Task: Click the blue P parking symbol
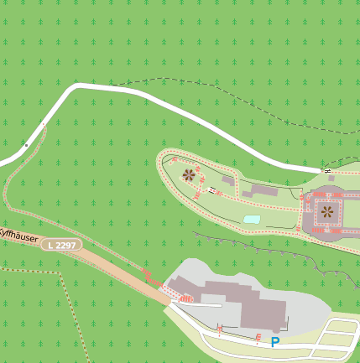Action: (x=274, y=342)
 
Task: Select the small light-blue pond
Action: (x=252, y=219)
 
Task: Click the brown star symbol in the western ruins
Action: (x=189, y=175)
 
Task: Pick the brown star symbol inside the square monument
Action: (x=326, y=213)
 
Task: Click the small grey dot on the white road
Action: (x=26, y=145)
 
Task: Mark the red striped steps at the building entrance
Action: (x=185, y=298)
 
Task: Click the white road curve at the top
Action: (x=80, y=86)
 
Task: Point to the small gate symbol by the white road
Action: (x=327, y=170)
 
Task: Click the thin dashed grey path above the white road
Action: (x=210, y=92)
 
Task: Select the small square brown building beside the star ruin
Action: (x=227, y=179)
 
